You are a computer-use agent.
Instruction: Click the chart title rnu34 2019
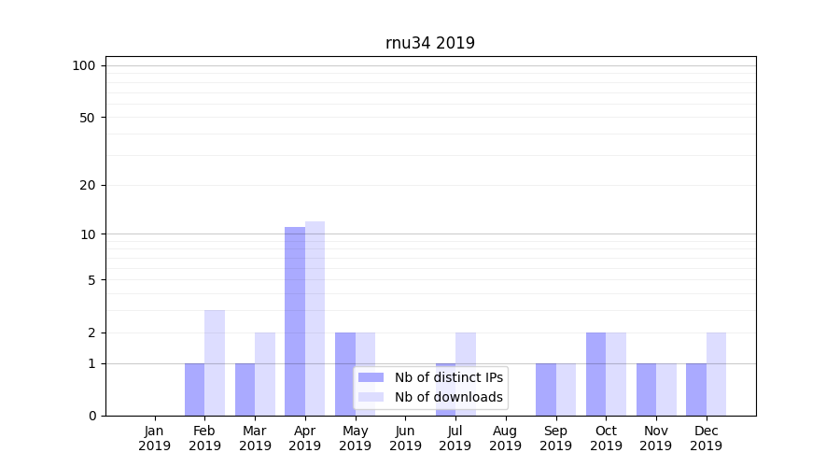[429, 43]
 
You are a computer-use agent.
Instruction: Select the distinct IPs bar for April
[295, 321]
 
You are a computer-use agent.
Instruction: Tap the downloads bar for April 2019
[315, 318]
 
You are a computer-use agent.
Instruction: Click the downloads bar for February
[215, 362]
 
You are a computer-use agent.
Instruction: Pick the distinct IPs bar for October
[595, 374]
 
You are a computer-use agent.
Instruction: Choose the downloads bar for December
[716, 374]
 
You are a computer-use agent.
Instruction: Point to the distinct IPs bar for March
[245, 389]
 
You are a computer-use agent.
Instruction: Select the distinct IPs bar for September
[546, 389]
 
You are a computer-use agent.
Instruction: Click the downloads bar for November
[665, 389]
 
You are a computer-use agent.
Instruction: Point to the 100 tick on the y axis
[84, 65]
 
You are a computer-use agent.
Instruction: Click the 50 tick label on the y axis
[88, 118]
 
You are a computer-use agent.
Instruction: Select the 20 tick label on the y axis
[88, 185]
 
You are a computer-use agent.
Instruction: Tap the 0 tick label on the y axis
[91, 416]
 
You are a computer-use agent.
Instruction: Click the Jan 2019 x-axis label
[155, 438]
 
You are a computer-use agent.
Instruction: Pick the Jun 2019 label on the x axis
[405, 438]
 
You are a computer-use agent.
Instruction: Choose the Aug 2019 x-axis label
[505, 438]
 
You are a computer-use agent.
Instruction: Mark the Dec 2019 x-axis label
[706, 438]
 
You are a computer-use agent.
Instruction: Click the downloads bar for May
[365, 374]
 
